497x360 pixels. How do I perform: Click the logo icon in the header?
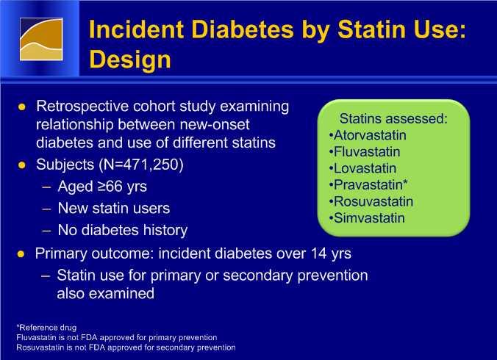click(41, 39)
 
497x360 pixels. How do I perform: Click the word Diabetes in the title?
click(243, 29)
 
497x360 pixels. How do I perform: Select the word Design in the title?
click(130, 60)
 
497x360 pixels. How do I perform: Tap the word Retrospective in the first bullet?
click(82, 107)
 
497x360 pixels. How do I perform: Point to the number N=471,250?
click(141, 165)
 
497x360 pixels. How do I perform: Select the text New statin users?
click(114, 209)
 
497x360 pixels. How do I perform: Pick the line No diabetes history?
click(123, 230)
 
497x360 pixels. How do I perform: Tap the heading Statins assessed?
click(393, 119)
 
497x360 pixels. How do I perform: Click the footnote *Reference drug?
click(46, 328)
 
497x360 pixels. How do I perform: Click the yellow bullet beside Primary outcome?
click(21, 254)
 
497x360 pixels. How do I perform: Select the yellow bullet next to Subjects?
click(22, 165)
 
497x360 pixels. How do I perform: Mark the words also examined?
click(106, 293)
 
